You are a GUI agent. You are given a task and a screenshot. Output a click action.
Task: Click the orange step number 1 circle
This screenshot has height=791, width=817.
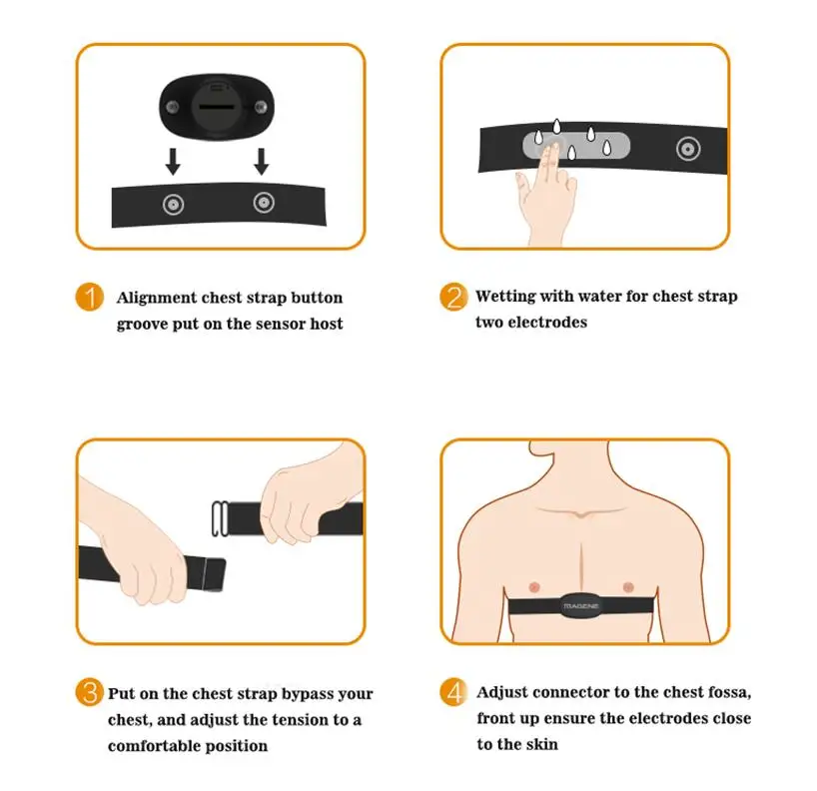90,299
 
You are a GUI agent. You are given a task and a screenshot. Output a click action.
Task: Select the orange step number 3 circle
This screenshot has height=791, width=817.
90,693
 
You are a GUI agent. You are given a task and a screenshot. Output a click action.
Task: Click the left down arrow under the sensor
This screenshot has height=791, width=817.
173,160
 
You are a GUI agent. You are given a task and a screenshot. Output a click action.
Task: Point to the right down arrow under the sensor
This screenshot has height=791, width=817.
262,160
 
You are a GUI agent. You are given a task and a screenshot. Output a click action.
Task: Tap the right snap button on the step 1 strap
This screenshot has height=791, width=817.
263,204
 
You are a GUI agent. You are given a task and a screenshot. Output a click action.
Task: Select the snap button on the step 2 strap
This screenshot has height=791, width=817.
687,149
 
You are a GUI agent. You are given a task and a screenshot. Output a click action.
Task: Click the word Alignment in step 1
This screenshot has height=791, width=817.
158,298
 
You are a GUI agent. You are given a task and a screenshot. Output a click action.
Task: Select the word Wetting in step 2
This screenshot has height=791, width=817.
505,297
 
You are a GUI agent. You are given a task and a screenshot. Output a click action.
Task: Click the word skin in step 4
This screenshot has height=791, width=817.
538,744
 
